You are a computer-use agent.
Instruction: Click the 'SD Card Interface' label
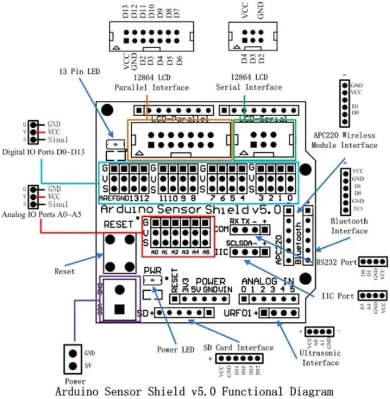[238, 347]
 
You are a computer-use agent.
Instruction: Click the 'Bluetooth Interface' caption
[349, 226]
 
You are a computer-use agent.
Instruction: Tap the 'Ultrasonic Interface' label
[321, 357]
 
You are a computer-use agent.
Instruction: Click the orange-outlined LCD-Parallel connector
[181, 139]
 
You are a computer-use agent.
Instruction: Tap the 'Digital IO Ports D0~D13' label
[35, 152]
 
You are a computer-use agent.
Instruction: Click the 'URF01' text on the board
[237, 313]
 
